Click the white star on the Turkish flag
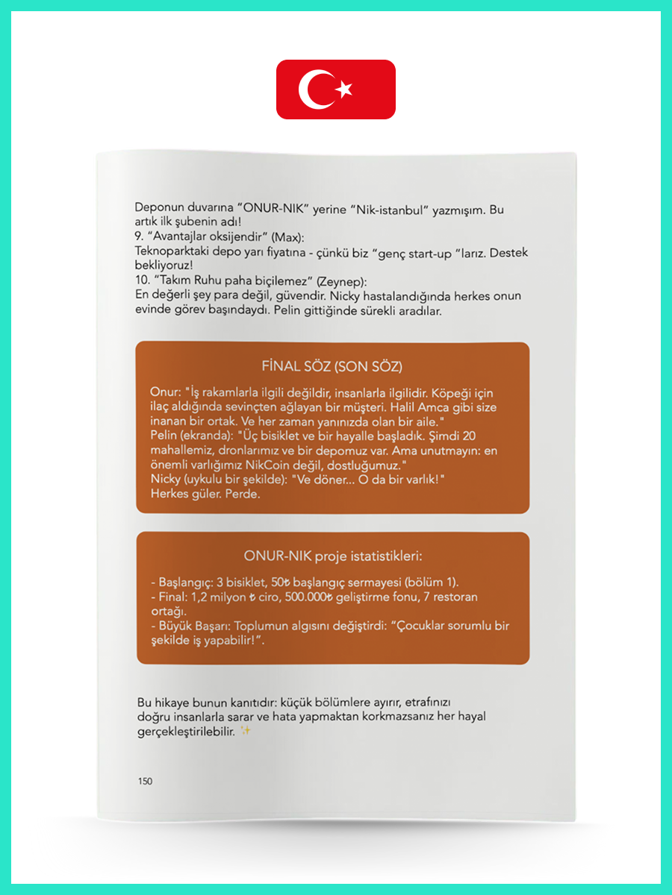point(344,89)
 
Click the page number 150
point(145,781)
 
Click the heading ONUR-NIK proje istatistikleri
point(333,556)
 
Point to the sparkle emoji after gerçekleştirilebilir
point(245,732)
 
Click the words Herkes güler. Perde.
point(205,493)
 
